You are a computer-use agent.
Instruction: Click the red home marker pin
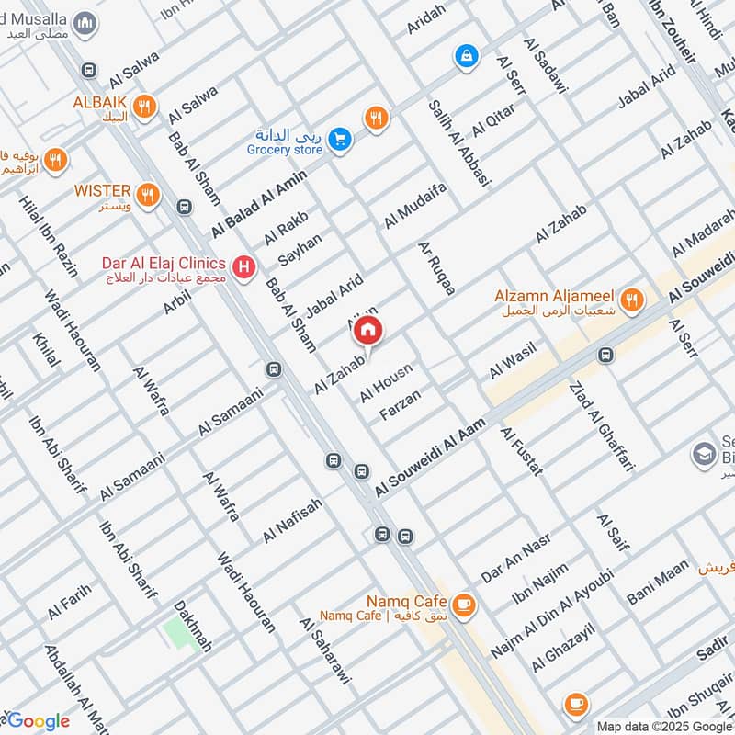tap(367, 330)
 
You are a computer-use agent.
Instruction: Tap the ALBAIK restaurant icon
tap(142, 107)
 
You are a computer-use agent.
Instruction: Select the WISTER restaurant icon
tap(147, 195)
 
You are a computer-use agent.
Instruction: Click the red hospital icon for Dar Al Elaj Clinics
tap(243, 267)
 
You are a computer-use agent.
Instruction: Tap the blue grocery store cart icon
tap(341, 140)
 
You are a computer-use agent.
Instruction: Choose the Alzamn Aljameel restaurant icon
tap(631, 299)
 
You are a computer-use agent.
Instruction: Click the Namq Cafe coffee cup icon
tap(464, 604)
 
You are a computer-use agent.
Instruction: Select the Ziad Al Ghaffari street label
tap(602, 426)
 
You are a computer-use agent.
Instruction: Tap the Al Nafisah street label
tap(293, 520)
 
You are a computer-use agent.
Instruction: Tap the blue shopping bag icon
tap(467, 56)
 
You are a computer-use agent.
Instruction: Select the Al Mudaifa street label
tap(415, 205)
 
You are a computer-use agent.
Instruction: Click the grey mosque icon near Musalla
tap(85, 23)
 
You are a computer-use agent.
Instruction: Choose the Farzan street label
tap(400, 405)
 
